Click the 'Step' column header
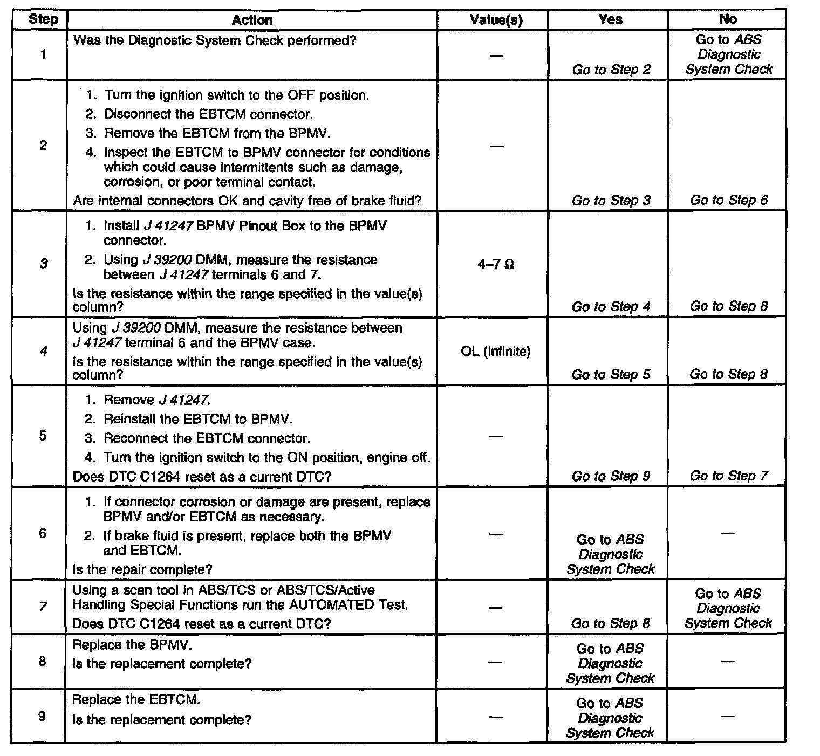coord(43,20)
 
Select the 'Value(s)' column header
coord(496,20)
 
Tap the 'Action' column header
coord(252,20)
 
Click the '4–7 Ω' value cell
coord(496,265)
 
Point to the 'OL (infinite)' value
coord(496,352)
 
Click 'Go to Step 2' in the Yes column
coord(611,70)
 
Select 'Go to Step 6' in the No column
coord(728,201)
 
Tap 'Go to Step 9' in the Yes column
coord(611,476)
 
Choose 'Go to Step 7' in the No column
coord(728,476)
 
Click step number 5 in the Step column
coord(43,436)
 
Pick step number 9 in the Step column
coord(43,716)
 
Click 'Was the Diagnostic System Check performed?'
coord(214,40)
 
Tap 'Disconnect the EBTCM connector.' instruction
coord(208,114)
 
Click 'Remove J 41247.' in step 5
coord(156,400)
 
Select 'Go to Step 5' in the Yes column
coord(611,375)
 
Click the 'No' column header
coord(728,19)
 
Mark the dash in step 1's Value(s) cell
coord(496,56)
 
